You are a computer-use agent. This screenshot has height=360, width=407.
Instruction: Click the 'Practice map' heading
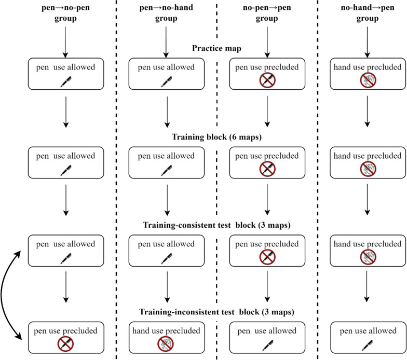216,48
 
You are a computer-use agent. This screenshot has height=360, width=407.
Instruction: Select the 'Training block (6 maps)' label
216,137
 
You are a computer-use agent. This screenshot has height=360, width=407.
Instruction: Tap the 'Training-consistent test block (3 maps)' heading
216,225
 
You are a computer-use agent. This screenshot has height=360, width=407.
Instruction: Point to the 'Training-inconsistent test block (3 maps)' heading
216,311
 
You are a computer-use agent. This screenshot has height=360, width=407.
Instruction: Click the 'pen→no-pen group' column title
65,12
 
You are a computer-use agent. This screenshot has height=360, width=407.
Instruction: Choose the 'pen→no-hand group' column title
166,12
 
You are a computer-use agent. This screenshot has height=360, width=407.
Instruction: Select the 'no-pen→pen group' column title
267,12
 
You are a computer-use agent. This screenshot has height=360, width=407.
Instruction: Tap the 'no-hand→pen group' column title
368,12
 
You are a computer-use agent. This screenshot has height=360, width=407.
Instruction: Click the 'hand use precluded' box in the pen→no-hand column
166,337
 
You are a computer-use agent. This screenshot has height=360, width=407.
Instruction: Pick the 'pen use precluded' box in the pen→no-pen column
66,337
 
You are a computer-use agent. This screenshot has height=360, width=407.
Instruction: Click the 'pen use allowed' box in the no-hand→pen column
368,337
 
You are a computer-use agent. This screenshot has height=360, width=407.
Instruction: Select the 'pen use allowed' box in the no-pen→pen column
267,337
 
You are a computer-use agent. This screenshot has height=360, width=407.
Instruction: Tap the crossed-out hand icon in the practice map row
368,80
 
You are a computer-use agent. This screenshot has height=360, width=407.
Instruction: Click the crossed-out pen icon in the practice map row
267,80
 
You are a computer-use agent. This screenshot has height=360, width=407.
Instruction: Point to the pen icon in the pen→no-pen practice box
66,81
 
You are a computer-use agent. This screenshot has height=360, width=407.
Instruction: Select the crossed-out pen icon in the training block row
267,169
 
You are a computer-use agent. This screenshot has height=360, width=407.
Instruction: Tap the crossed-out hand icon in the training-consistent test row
368,257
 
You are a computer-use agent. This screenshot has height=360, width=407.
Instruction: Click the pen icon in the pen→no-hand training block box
166,170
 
